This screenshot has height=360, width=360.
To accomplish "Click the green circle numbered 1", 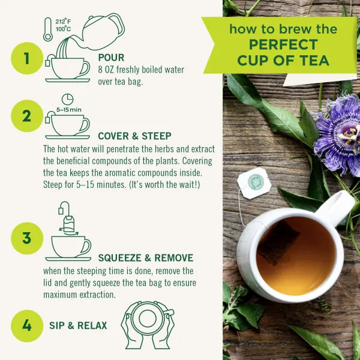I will pos(26,58).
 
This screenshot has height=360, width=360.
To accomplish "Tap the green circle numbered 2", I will pos(26,116).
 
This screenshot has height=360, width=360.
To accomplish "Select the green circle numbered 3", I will pos(26,238).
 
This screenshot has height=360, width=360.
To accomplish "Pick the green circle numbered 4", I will pos(26,325).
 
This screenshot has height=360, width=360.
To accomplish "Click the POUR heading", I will pos(111,58).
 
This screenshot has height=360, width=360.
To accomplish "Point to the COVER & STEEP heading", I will pos(134,136).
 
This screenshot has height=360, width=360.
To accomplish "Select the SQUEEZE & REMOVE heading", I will pos(145,258).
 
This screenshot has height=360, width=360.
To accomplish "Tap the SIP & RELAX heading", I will pos(79,326).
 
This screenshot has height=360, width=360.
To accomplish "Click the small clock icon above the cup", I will pos(67,99).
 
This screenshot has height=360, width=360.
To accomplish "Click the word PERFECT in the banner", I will pos(283,45).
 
